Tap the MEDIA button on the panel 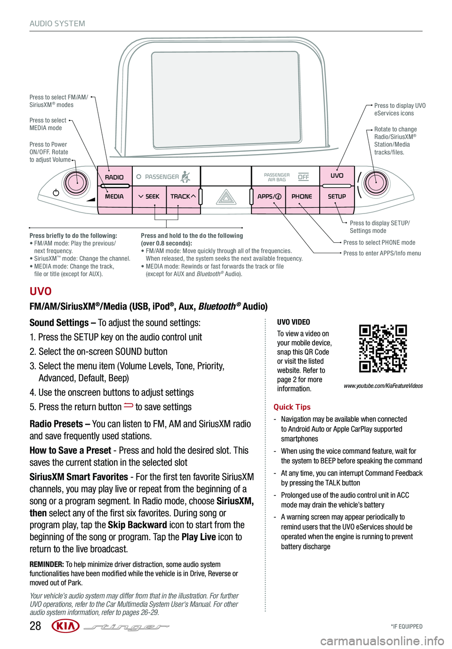[x=114, y=197]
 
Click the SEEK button [x=149, y=197]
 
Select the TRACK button [x=183, y=197]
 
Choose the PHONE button [x=302, y=197]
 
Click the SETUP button [x=337, y=197]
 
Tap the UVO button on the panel [x=337, y=176]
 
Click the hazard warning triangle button [x=226, y=197]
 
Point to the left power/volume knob [x=75, y=182]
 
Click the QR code [x=383, y=348]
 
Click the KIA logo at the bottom [x=65, y=626]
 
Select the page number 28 [x=35, y=626]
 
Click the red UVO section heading [x=40, y=291]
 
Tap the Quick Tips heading [x=292, y=407]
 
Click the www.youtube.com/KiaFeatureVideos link [x=383, y=386]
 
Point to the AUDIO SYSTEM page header [x=57, y=24]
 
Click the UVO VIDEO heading [x=293, y=322]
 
